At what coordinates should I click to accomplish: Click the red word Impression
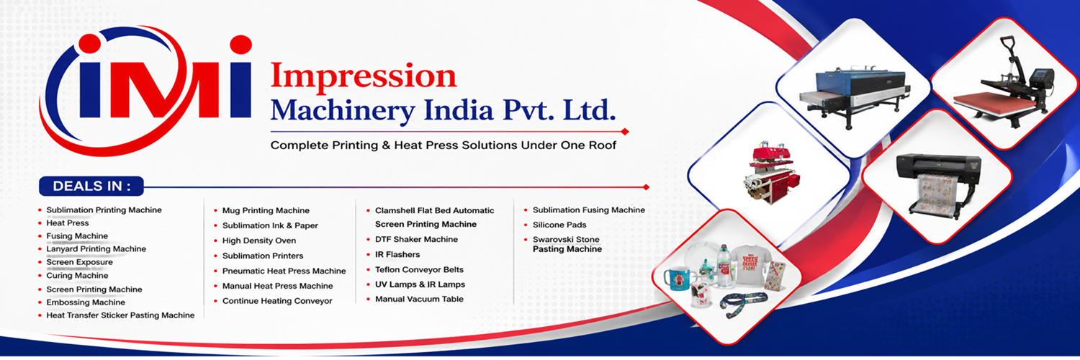(x=363, y=76)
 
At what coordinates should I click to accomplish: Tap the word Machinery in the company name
(x=343, y=111)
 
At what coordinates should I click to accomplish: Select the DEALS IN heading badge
(x=91, y=186)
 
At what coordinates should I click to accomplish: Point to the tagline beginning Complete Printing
(x=443, y=145)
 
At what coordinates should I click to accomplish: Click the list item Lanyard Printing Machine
(x=96, y=248)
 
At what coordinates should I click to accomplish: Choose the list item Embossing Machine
(x=86, y=302)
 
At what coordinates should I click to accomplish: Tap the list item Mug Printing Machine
(x=266, y=211)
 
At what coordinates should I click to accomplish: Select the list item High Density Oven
(x=259, y=240)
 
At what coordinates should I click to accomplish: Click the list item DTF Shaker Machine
(x=416, y=239)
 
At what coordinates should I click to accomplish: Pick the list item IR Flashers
(x=397, y=254)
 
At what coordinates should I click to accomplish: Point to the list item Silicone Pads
(x=559, y=225)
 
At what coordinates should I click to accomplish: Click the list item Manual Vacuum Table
(x=419, y=299)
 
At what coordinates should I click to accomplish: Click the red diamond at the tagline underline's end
(x=625, y=132)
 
